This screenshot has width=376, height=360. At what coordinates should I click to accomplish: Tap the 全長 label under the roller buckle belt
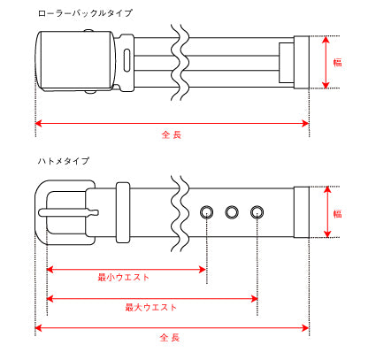(x=171, y=135)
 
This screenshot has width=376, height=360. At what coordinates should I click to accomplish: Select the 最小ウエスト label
(x=124, y=278)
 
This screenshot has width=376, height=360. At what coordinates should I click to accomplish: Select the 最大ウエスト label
(x=150, y=308)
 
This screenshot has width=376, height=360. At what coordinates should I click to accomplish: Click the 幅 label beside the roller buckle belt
(x=337, y=63)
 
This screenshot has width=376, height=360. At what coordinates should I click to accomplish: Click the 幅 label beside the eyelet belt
(x=337, y=212)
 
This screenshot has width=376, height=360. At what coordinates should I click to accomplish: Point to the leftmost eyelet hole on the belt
(x=207, y=212)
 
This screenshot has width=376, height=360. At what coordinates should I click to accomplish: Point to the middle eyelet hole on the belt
(x=233, y=212)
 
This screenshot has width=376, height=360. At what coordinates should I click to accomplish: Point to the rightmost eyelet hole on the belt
(x=257, y=212)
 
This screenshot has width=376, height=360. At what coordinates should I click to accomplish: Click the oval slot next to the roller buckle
(x=129, y=63)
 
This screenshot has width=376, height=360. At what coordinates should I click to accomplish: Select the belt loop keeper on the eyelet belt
(x=122, y=212)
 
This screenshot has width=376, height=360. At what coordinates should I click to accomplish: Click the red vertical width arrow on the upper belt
(x=326, y=75)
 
